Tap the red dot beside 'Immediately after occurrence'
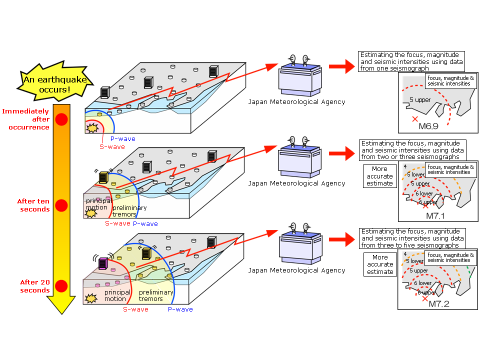pos(61,119)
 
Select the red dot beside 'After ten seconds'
pos(61,205)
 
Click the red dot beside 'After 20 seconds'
pos(61,286)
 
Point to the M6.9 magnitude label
pos(429,126)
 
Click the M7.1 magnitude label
pos(436,215)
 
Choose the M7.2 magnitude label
pos(439,303)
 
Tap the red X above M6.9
pos(414,119)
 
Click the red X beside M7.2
pos(425,298)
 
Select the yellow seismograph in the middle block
pos(103,177)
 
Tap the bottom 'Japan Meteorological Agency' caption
pos(296,270)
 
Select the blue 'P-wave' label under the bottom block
pos(180,309)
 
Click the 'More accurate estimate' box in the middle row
pos(379,176)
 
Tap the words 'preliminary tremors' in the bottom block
pos(156,295)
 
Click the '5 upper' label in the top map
pos(420,100)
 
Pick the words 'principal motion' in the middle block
pos(97,204)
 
